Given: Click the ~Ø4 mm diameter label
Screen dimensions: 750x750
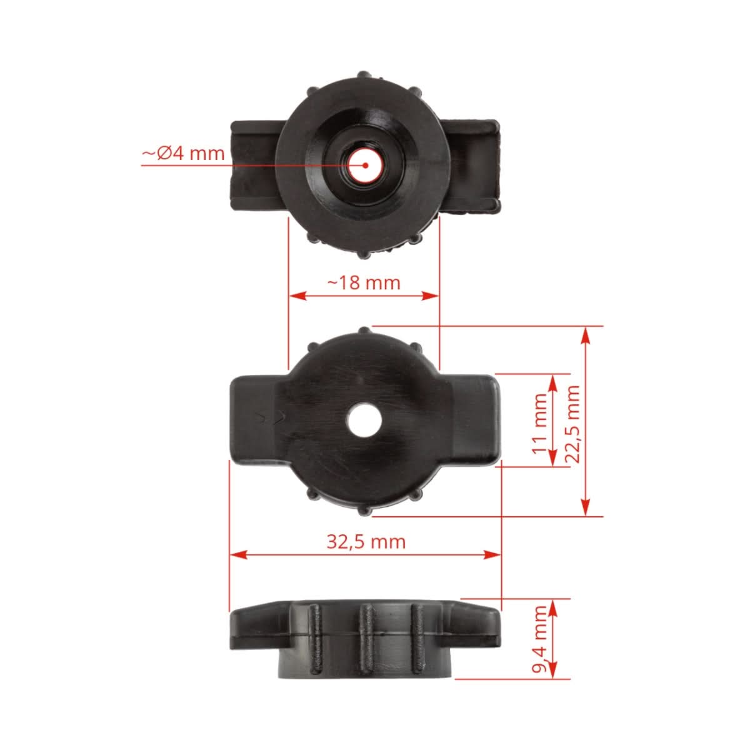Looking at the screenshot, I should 183,153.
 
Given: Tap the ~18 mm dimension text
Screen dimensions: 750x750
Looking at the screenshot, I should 364,282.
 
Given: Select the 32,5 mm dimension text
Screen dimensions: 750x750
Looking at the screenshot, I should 366,541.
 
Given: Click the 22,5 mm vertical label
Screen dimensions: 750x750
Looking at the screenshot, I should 572,423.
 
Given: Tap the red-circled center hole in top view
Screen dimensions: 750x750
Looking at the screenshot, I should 365,165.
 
